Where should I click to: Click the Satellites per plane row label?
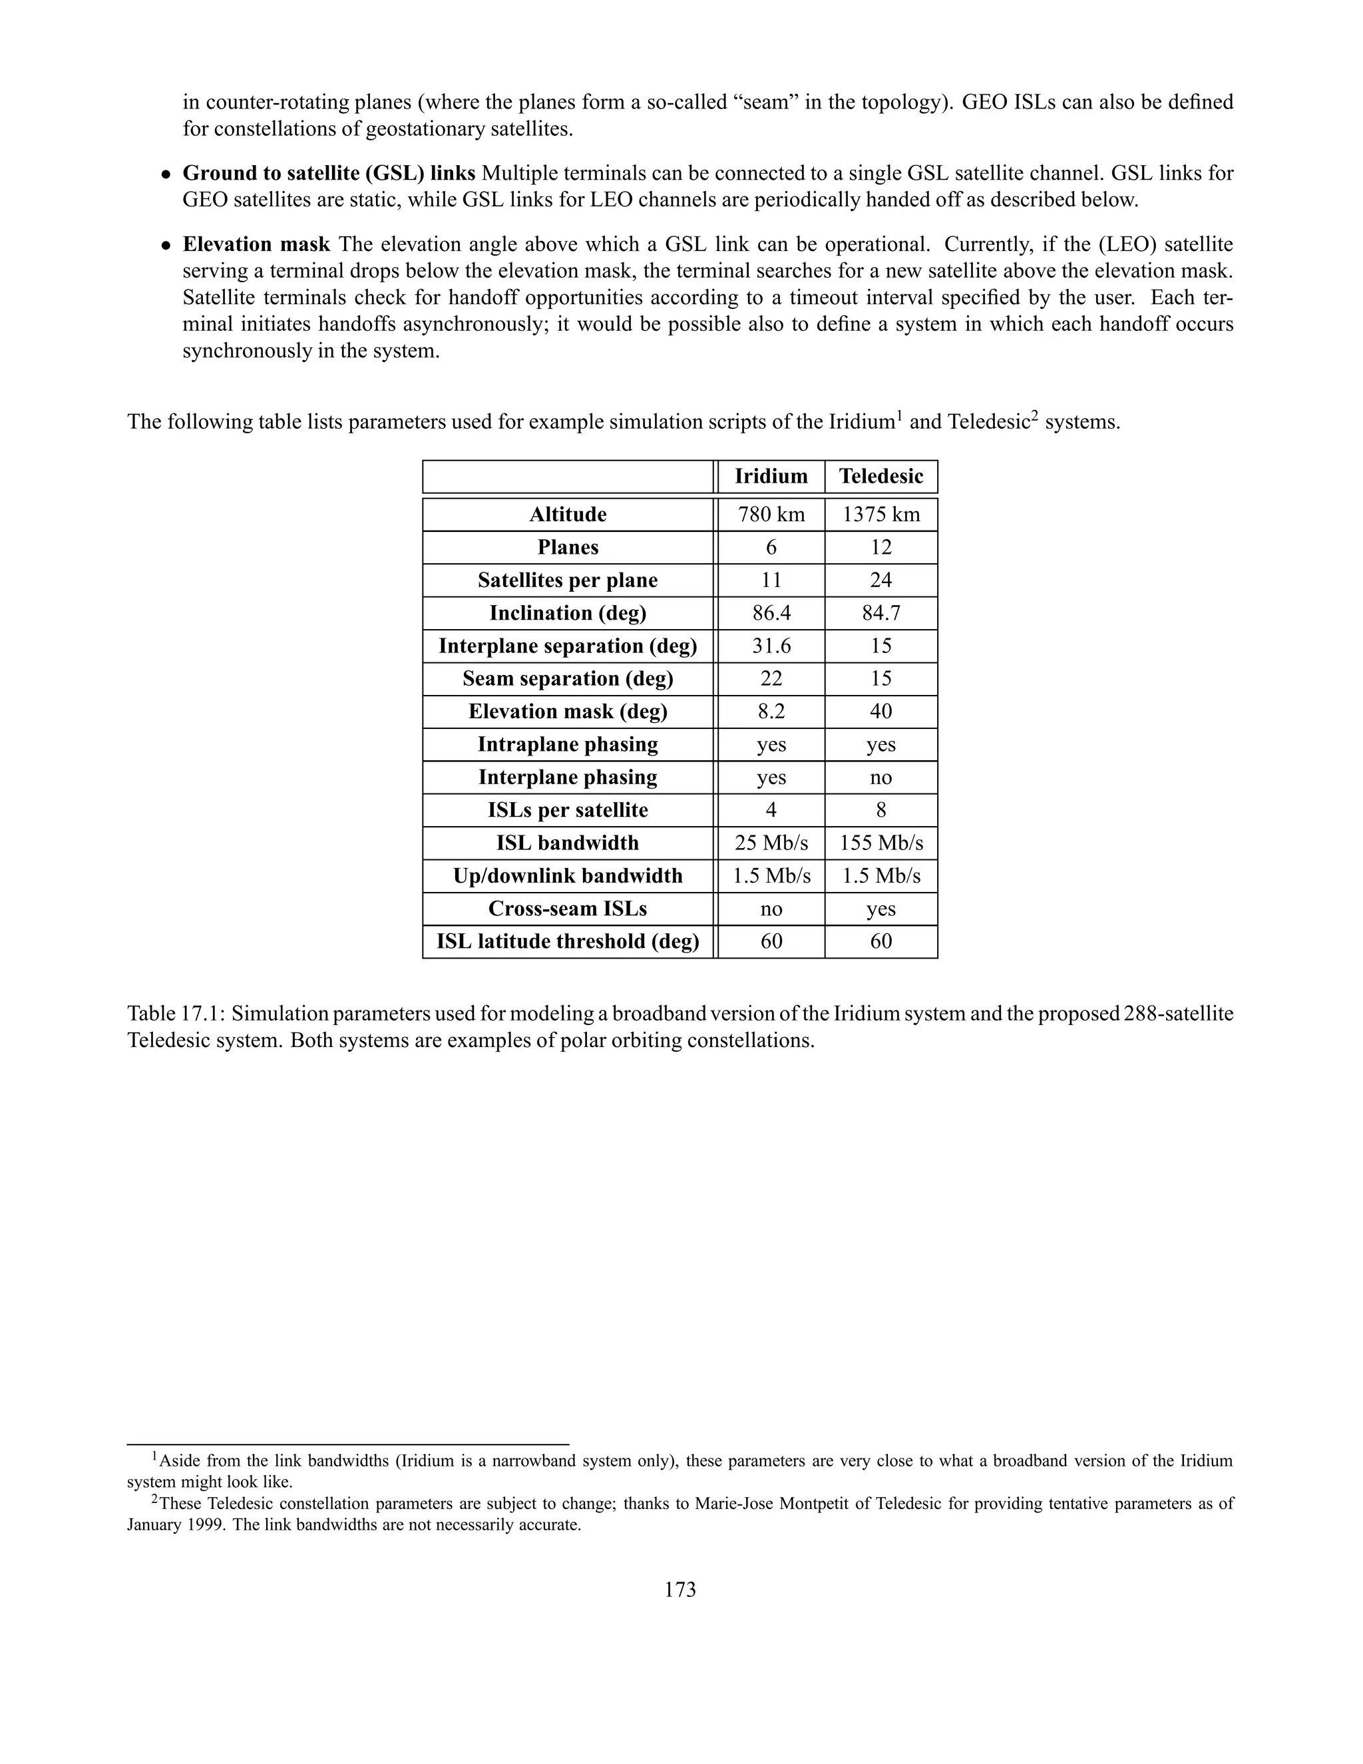567,580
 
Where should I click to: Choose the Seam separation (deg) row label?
567,678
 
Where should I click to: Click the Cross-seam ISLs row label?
567,909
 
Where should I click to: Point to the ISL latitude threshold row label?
567,942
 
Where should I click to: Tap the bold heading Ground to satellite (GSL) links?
329,173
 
